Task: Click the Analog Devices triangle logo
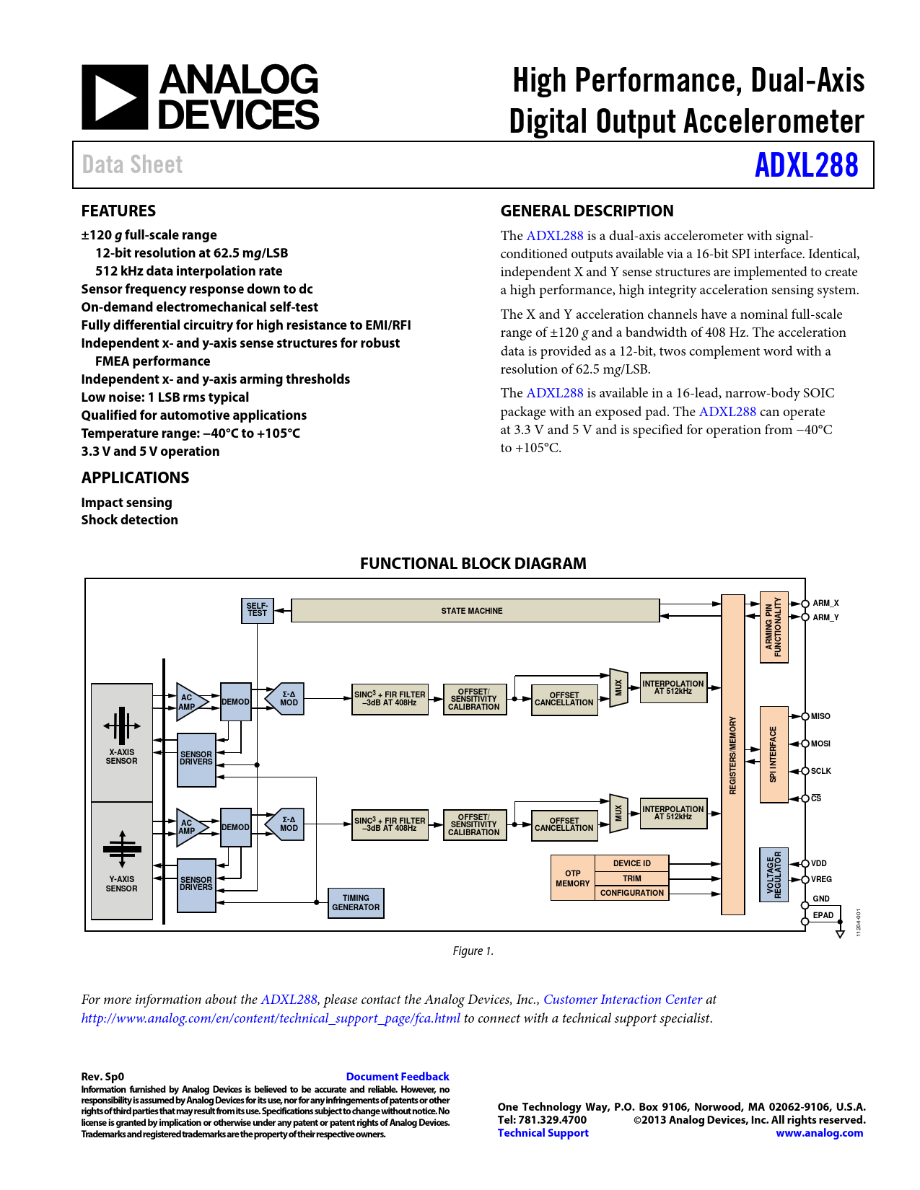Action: point(115,97)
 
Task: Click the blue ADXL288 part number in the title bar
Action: point(806,165)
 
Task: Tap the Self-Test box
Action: point(257,610)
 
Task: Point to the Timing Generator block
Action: point(356,903)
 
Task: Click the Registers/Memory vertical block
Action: point(733,754)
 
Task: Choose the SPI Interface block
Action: point(774,754)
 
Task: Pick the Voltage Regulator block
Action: point(774,875)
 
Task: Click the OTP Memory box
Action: point(573,878)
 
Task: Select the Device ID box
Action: point(631,863)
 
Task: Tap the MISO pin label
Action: point(820,716)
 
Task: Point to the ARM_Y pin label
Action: point(825,617)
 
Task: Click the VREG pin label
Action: point(821,879)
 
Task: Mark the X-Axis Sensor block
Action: point(122,742)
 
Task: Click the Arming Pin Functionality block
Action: point(774,627)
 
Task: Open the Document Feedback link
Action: point(398,1077)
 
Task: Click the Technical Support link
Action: point(543,1133)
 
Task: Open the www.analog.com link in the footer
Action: point(819,1133)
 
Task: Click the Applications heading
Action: point(135,477)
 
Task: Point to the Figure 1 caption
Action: point(473,951)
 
